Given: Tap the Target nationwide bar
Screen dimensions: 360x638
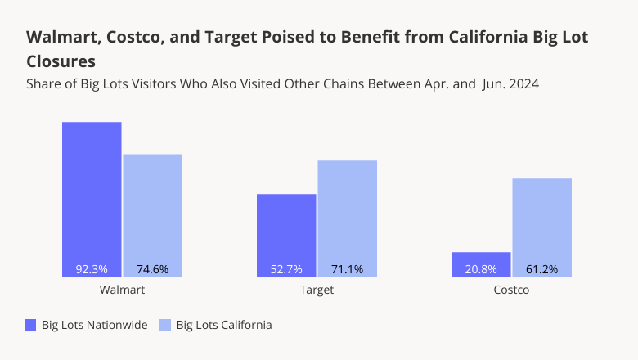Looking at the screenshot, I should (x=286, y=229).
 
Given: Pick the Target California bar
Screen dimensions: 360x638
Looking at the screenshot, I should (x=347, y=213).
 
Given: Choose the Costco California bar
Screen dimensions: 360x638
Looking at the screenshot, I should (x=541, y=221).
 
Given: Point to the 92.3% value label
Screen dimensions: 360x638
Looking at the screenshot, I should (x=92, y=269).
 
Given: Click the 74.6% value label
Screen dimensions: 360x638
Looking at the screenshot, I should (x=152, y=269).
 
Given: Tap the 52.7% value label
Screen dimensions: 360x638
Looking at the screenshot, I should (x=286, y=269).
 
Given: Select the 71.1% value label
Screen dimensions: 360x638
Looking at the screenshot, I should (x=347, y=269).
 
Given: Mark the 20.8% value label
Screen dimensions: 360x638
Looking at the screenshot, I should (x=481, y=269).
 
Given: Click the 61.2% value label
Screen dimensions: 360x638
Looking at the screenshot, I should (x=541, y=269).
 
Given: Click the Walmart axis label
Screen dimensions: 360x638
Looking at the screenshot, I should (x=122, y=290).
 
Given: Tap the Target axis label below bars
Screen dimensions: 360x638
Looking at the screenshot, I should (x=317, y=290).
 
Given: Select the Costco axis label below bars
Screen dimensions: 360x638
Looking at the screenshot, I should (x=511, y=290).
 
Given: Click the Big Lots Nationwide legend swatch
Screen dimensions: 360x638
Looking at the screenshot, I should (x=31, y=325).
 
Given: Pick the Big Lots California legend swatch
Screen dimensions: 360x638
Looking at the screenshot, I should (x=164, y=325).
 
